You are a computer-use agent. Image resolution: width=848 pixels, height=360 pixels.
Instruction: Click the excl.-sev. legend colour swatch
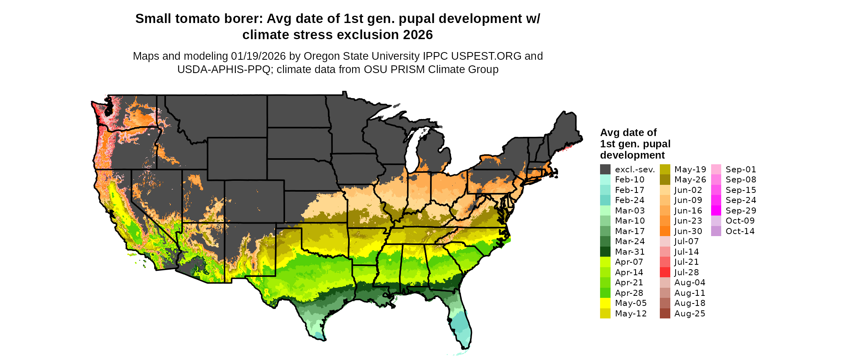coord(605,170)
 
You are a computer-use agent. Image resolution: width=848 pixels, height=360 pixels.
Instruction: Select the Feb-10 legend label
coord(630,180)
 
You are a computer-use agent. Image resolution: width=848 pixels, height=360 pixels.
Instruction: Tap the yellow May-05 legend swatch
coord(605,303)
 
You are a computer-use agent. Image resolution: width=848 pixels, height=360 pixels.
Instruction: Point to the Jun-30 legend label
coord(688,231)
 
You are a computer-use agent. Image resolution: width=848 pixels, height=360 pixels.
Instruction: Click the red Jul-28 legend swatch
coord(665,272)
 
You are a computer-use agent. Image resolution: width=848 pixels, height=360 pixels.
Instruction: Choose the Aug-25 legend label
coord(690,314)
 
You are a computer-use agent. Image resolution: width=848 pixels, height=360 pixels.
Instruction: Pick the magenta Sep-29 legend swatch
coord(716,211)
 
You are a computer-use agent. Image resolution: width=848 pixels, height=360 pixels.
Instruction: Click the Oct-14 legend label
coord(740,231)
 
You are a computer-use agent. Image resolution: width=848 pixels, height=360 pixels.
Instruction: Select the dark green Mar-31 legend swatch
coord(605,252)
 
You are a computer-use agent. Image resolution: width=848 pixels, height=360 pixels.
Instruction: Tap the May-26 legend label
coord(690,180)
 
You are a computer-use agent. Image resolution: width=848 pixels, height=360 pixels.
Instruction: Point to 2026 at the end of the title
coord(417,35)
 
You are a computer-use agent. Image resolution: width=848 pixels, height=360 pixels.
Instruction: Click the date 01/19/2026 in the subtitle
coord(257,56)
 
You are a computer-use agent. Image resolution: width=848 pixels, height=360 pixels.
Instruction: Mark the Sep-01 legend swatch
coord(716,170)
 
